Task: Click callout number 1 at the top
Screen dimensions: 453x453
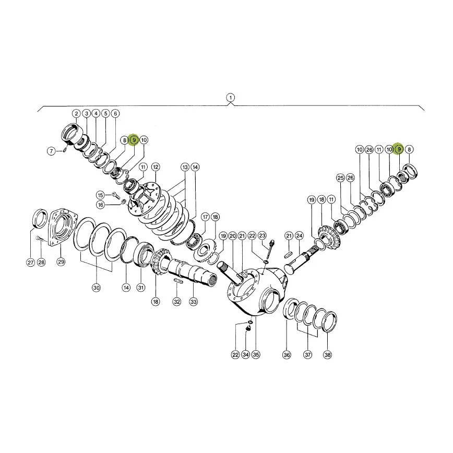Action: (230, 98)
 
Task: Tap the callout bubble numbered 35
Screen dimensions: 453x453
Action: (256, 354)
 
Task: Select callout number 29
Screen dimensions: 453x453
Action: (61, 262)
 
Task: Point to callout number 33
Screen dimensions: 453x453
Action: (194, 302)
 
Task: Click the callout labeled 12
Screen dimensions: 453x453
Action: (156, 166)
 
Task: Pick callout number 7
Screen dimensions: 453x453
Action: (51, 151)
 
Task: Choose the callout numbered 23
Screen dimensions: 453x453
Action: (262, 235)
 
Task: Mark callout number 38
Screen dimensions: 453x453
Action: (327, 354)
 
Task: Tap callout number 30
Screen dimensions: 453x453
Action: (96, 288)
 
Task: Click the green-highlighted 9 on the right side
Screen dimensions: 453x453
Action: (399, 149)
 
